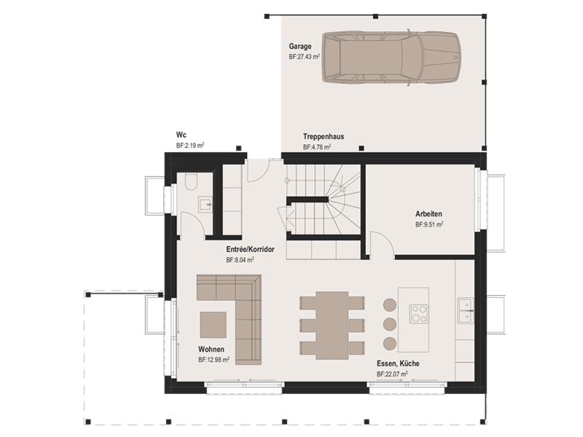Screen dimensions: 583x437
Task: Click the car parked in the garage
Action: (x=391, y=58)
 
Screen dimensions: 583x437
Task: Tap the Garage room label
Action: (x=300, y=47)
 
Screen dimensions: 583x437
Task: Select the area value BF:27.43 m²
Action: (x=304, y=57)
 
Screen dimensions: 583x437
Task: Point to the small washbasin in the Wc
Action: (x=206, y=205)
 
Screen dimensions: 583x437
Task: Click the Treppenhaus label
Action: (x=324, y=136)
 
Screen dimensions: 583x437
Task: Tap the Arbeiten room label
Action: (x=429, y=213)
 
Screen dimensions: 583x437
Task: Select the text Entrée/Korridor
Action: (x=250, y=249)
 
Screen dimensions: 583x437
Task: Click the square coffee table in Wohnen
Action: (x=213, y=324)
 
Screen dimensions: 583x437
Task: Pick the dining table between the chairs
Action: (x=332, y=326)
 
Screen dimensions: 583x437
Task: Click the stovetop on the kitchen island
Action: (x=418, y=313)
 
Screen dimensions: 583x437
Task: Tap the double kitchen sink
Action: (x=465, y=310)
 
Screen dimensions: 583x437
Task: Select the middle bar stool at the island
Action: (x=390, y=323)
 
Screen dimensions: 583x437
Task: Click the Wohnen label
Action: (x=211, y=350)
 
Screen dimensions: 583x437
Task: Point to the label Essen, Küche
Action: (x=398, y=363)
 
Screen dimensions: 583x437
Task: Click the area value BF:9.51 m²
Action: (x=429, y=224)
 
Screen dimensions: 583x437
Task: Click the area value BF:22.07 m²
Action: (x=392, y=374)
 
